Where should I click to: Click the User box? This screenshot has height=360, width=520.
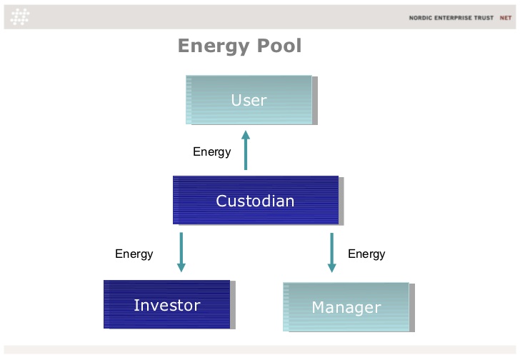tap(249, 100)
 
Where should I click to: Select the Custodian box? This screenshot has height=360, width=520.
tap(256, 200)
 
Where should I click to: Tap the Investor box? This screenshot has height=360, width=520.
tap(167, 304)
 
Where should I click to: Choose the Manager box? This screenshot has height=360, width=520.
tap(346, 307)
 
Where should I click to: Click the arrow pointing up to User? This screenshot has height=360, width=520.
tap(246, 150)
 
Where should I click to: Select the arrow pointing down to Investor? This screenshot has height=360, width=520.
tap(181, 252)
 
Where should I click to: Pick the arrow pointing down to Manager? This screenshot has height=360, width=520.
tap(331, 253)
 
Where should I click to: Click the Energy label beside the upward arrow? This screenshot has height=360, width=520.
tap(212, 152)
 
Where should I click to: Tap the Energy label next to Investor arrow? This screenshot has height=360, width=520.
tap(134, 254)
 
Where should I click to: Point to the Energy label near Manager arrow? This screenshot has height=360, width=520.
tap(366, 254)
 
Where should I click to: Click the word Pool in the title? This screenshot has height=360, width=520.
tap(279, 46)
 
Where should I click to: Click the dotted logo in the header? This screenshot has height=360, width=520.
tap(20, 17)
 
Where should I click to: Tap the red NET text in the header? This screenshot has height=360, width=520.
tap(506, 18)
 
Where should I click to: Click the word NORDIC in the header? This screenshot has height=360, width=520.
tap(420, 18)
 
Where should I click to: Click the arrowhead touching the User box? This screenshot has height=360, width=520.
tap(246, 134)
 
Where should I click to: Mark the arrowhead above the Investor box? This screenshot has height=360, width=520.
tap(181, 268)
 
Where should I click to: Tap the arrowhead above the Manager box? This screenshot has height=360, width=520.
tap(331, 268)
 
